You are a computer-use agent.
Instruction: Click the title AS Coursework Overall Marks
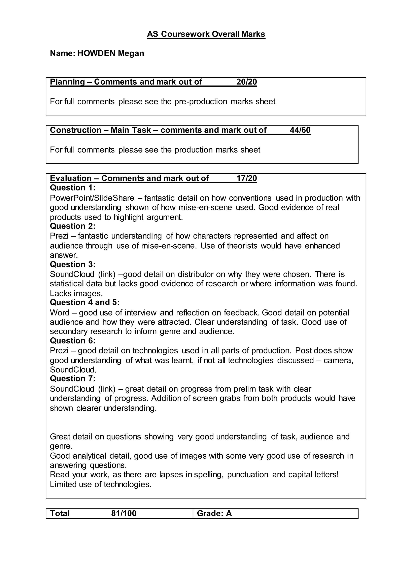[206, 34]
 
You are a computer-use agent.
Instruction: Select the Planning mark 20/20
[247, 82]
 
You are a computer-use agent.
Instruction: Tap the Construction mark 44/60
[300, 130]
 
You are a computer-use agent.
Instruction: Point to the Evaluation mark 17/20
[247, 178]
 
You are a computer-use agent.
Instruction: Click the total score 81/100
[124, 513]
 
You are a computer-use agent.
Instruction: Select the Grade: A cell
[214, 513]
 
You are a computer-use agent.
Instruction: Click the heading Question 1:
[73, 188]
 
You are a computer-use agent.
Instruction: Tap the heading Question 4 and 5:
[84, 302]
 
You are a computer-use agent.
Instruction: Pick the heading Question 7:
[73, 378]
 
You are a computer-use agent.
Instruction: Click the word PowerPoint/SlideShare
[92, 198]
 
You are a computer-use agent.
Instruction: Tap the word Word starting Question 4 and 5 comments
[60, 313]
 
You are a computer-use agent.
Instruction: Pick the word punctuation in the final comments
[248, 474]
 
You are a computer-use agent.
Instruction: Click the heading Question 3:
[73, 264]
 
